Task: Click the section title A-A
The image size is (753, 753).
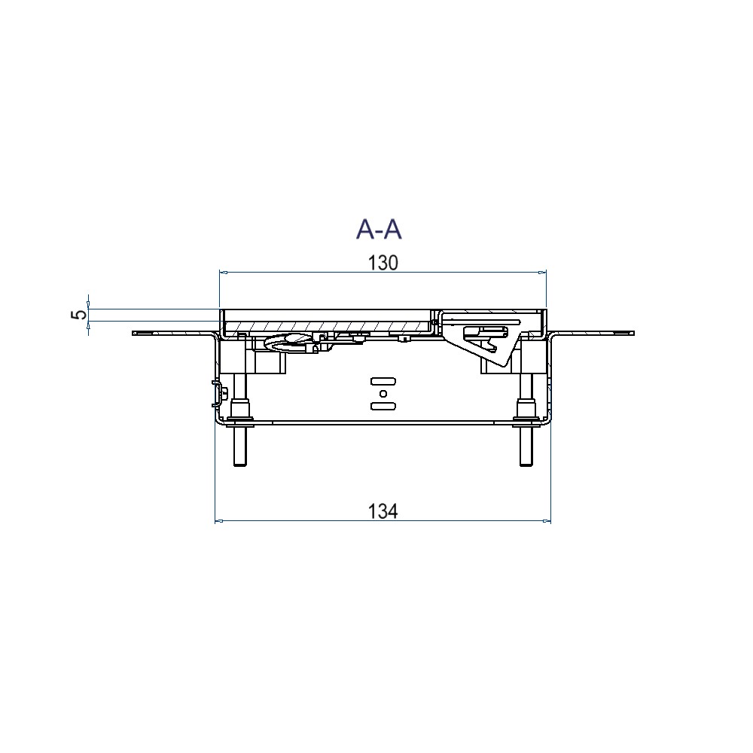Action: [x=379, y=229]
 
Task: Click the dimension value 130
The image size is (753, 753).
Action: [x=382, y=263]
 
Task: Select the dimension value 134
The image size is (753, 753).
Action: [x=383, y=511]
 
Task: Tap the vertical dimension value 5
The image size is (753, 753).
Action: [x=78, y=315]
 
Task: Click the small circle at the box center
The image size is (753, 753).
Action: [x=383, y=394]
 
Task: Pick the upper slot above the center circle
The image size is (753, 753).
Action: [x=383, y=380]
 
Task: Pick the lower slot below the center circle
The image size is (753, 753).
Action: [x=383, y=407]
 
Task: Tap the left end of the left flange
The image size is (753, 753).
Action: [x=135, y=333]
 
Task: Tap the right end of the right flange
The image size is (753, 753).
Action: [x=633, y=332]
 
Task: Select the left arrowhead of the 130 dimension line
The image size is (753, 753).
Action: [x=221, y=273]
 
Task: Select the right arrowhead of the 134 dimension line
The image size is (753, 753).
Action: [x=548, y=520]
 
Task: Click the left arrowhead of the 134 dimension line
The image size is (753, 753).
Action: [x=218, y=520]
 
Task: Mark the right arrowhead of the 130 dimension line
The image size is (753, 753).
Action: [x=543, y=273]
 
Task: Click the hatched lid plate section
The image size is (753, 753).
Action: [x=331, y=325]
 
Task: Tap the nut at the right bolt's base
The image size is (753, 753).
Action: [x=524, y=413]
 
